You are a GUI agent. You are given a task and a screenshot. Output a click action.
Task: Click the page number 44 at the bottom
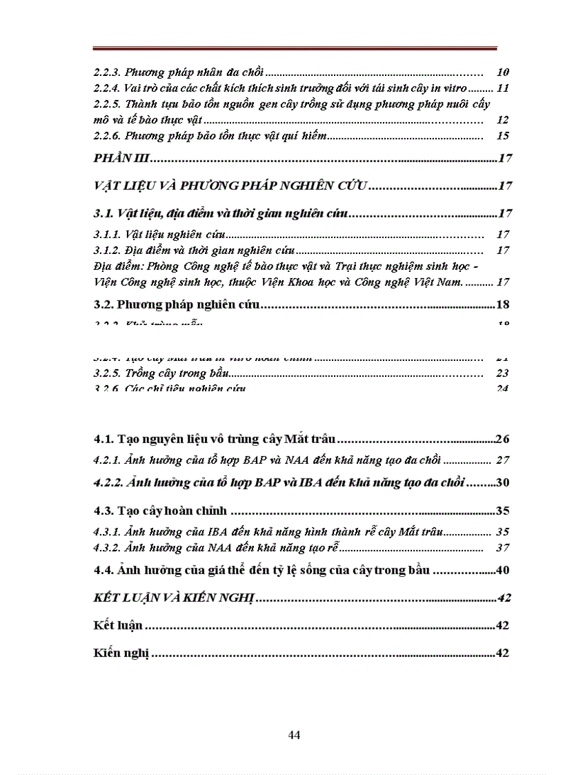pyautogui.click(x=294, y=734)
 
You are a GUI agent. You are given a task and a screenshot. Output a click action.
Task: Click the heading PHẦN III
pyautogui.click(x=121, y=159)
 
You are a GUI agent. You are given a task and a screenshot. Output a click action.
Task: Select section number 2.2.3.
pyautogui.click(x=108, y=72)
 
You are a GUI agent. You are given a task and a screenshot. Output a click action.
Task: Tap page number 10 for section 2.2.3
pyautogui.click(x=502, y=72)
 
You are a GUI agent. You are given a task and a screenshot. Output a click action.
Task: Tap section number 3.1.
pyautogui.click(x=103, y=213)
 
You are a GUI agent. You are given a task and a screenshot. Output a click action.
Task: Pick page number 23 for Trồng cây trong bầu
pyautogui.click(x=502, y=373)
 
